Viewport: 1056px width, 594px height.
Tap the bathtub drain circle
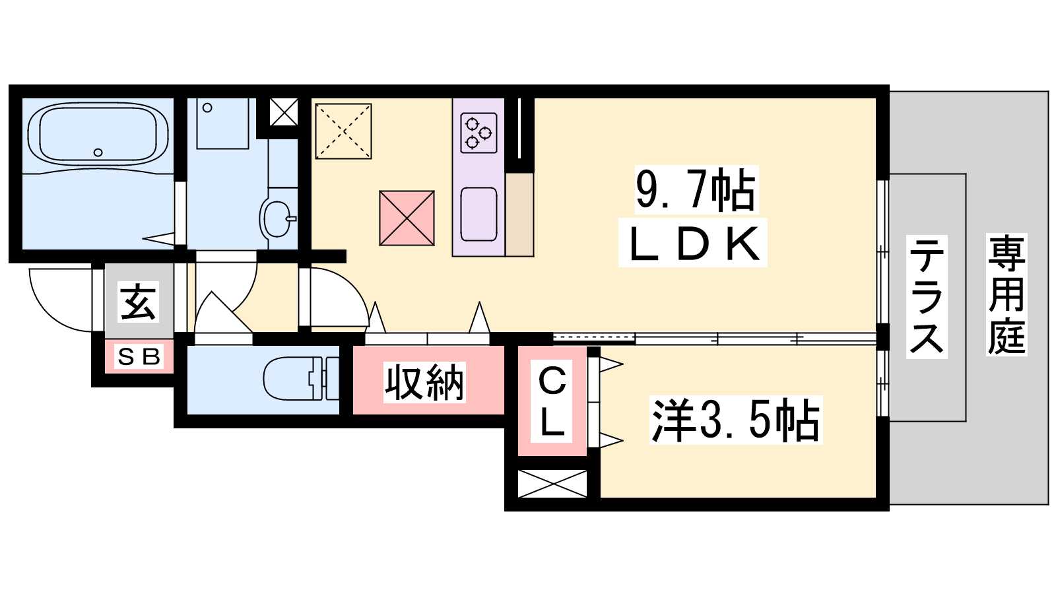tap(98, 152)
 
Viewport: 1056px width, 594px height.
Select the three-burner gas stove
tap(478, 133)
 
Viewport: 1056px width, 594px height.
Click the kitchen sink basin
tap(478, 214)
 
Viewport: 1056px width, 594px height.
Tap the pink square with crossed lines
tap(407, 218)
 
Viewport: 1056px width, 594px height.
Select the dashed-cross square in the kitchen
tap(343, 131)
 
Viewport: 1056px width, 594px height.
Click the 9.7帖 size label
tap(696, 189)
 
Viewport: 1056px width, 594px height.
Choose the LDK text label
tap(694, 244)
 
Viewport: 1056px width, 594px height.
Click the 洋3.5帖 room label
tap(735, 420)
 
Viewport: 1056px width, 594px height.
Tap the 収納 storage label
tap(424, 382)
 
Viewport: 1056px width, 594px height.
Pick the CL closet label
tap(551, 401)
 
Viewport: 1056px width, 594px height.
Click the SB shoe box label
tap(139, 356)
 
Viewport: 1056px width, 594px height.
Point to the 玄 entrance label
tap(138, 302)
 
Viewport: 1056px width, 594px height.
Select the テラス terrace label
tap(927, 296)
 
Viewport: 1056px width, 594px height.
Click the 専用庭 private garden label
tap(1006, 294)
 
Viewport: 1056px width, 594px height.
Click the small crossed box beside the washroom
tap(284, 112)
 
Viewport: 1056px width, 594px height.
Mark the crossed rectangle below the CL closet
tap(552, 483)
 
